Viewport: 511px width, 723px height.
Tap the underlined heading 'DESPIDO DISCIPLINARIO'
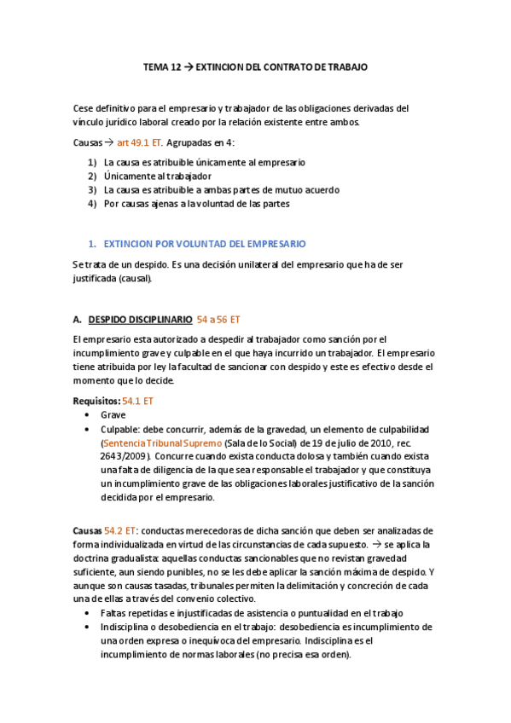click(140, 320)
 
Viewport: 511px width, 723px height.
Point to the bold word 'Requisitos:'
click(96, 400)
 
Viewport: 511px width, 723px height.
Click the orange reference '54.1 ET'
click(138, 400)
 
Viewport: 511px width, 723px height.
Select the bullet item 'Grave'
click(113, 415)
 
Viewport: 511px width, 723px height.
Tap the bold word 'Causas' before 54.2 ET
click(88, 530)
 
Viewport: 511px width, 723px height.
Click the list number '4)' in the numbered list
click(92, 204)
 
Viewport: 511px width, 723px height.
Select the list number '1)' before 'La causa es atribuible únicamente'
click(92, 161)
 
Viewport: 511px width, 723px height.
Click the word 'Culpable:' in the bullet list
click(121, 429)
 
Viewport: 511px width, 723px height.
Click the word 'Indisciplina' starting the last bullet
click(125, 627)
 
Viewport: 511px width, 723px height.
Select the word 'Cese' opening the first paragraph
click(84, 108)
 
